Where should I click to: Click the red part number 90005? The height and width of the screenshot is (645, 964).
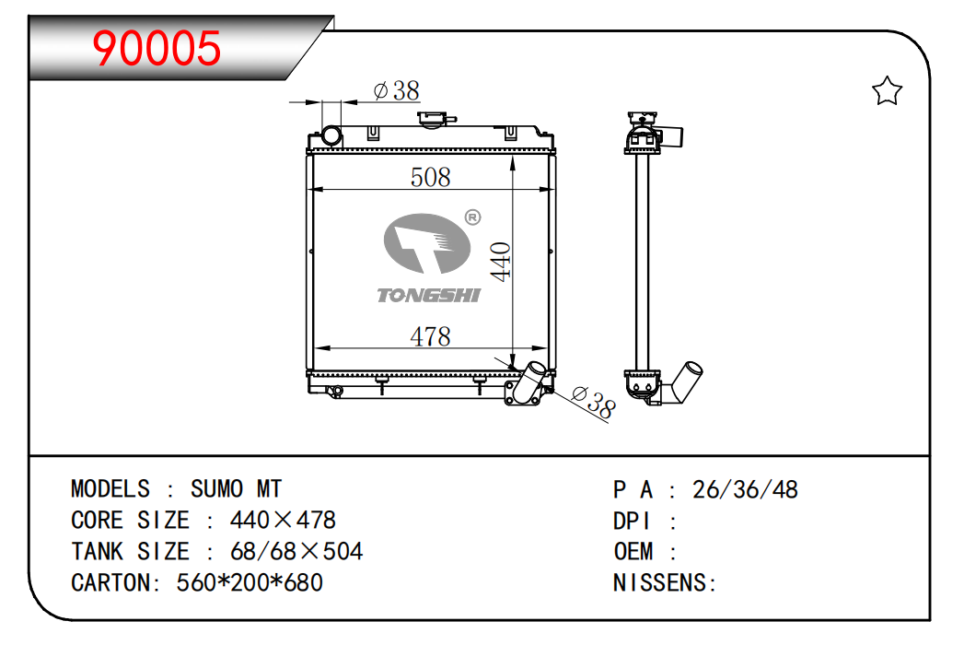click(x=157, y=48)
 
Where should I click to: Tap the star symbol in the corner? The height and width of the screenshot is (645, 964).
click(x=888, y=91)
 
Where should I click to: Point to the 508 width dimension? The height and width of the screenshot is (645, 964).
click(x=430, y=177)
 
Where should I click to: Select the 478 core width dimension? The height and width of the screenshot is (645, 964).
click(x=430, y=336)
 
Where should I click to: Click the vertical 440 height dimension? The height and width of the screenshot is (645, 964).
click(x=501, y=262)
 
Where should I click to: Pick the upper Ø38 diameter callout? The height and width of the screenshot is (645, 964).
click(x=397, y=91)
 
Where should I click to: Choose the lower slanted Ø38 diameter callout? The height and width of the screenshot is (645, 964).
click(x=593, y=403)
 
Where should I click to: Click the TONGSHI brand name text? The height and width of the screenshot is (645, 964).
click(x=428, y=296)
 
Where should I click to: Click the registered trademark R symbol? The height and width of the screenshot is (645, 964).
click(x=472, y=217)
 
